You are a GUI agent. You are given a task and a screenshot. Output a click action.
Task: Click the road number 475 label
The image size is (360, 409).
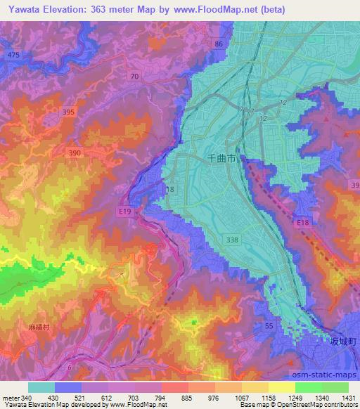coord(12,54)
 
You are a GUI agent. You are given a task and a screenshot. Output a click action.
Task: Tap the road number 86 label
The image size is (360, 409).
coord(219,44)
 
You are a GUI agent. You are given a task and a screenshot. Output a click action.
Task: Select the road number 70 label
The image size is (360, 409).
coord(134,75)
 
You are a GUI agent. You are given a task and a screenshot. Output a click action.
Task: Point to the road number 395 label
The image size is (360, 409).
coord(67,112)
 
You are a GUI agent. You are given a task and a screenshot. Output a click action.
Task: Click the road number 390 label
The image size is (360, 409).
coord(75,152)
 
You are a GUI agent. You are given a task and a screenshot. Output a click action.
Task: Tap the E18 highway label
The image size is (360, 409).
coord(303,223)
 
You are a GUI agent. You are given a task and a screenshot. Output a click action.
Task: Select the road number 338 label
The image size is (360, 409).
coord(231,240)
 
